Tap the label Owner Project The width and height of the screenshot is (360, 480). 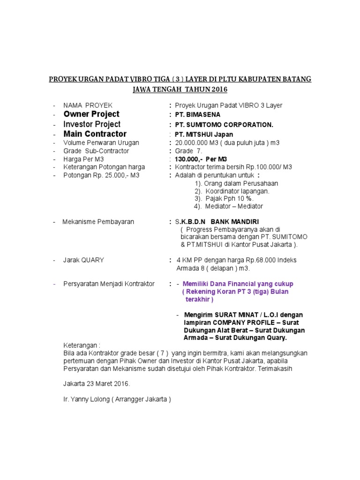tap(91, 114)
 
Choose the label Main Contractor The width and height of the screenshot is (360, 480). tap(95, 134)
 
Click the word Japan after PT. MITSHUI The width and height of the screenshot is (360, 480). tap(222, 135)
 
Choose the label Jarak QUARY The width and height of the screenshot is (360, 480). tap(84, 260)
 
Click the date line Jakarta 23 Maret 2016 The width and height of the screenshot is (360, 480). tap(97, 384)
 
